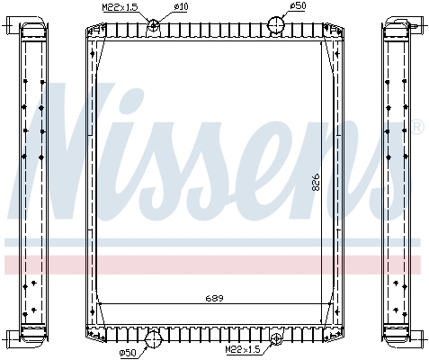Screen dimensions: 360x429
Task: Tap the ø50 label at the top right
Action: pos(299,6)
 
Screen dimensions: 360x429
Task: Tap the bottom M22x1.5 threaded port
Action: pos(276,337)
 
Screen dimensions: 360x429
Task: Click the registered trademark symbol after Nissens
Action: pos(416,128)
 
